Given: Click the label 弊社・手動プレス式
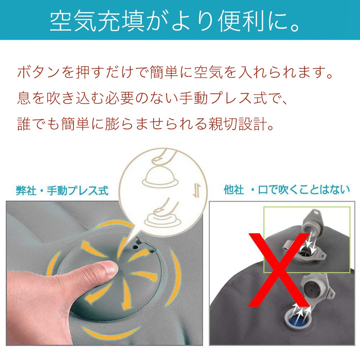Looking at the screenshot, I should (62, 190).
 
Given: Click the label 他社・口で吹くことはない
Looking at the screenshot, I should (287, 190).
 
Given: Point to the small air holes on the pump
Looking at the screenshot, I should (138, 247).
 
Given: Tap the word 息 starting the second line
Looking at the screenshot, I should (24, 98).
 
